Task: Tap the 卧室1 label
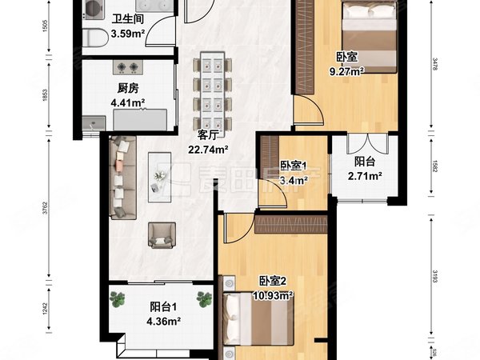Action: coord(293,166)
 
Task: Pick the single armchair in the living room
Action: coord(163,233)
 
